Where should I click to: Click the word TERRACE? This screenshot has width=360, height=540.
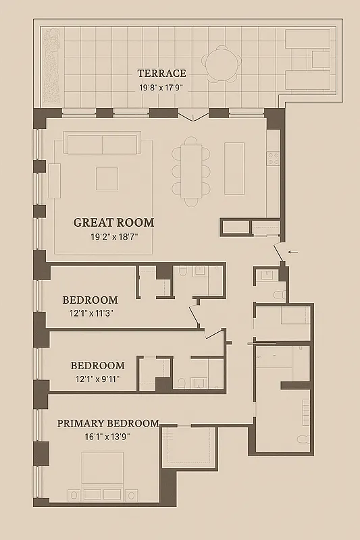tap(161, 74)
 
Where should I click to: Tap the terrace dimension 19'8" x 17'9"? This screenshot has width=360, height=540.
tap(161, 87)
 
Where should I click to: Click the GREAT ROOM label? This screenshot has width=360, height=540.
tap(113, 222)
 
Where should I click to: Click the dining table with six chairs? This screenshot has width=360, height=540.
tap(191, 169)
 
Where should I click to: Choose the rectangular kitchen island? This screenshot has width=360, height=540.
tap(234, 168)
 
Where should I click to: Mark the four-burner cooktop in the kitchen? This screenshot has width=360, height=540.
tap(274, 158)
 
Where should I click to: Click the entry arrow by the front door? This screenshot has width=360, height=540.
tap(292, 252)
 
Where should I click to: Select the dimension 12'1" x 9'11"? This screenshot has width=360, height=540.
tap(98, 379)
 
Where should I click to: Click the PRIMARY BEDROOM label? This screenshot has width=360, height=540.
tap(108, 423)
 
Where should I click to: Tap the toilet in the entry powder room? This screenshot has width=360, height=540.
tap(279, 296)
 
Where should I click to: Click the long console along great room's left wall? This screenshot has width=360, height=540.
tap(55, 181)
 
